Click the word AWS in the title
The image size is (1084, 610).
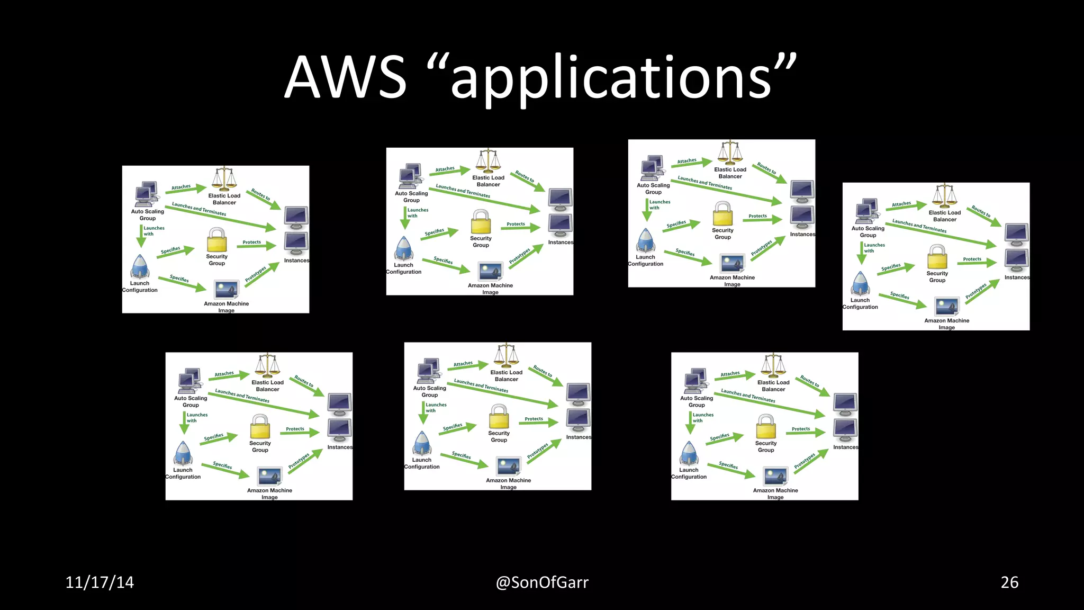click(x=345, y=77)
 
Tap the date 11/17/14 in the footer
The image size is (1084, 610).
click(x=100, y=582)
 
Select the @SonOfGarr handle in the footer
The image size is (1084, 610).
click(x=542, y=582)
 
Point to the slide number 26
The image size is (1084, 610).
click(x=1009, y=582)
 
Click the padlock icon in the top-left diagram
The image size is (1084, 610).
click(x=216, y=240)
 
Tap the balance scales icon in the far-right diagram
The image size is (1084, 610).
click(x=945, y=196)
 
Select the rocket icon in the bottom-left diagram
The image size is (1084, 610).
click(x=183, y=453)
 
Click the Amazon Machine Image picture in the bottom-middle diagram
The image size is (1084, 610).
click(x=509, y=466)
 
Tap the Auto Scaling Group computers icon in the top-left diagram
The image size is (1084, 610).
click(x=146, y=194)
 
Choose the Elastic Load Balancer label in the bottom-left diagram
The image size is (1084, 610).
click(x=267, y=385)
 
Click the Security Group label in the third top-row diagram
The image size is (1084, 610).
click(x=722, y=234)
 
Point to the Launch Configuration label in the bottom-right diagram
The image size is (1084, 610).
click(x=689, y=473)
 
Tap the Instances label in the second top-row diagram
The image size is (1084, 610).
click(x=561, y=243)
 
